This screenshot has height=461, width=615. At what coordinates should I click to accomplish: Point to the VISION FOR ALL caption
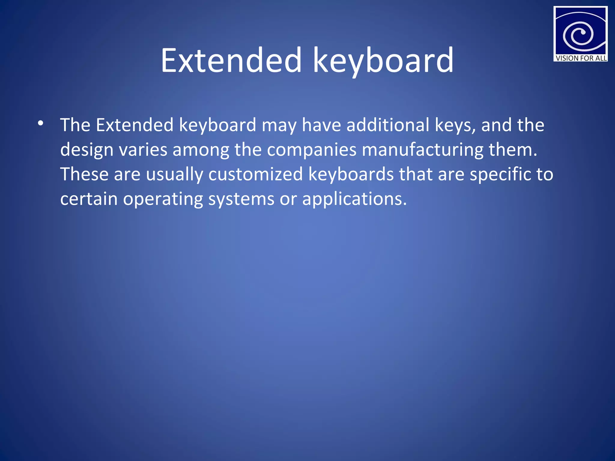(581, 58)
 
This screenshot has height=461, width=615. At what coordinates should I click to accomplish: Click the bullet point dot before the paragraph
(41, 123)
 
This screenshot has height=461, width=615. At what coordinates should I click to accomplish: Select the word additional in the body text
(388, 125)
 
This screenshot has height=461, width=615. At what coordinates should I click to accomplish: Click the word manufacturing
(423, 149)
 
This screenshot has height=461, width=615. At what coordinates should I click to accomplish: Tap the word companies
(312, 149)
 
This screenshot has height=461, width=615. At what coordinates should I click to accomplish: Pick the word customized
(255, 174)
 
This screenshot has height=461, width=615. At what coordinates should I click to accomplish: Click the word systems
(241, 199)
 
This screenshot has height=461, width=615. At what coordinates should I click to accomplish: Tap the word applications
(354, 199)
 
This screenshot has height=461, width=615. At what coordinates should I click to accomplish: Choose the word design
(86, 149)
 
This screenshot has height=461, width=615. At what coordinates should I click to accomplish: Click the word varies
(143, 149)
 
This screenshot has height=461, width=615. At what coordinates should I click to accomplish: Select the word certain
(89, 199)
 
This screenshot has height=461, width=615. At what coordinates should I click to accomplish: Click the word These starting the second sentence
(84, 174)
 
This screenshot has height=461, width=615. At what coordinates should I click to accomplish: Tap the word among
(201, 149)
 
